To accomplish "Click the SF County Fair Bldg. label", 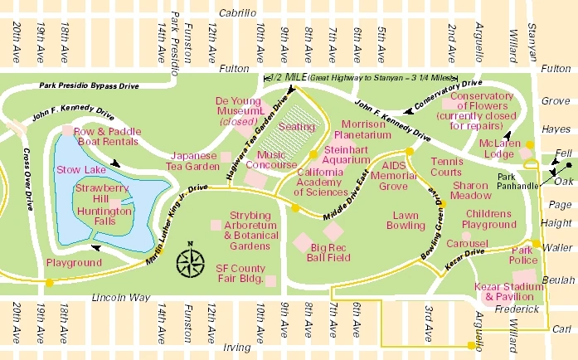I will [240, 275].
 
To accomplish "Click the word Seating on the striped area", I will [297, 127].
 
